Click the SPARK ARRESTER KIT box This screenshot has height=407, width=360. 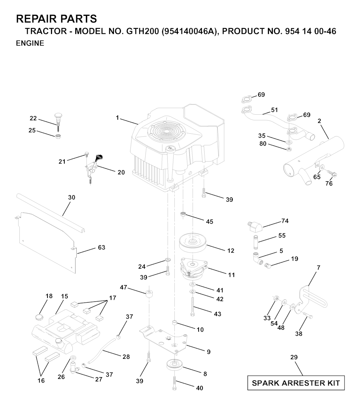296,383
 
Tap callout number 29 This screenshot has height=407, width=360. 294,357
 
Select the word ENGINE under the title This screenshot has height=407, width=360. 30,43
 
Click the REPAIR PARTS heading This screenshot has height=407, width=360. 57,19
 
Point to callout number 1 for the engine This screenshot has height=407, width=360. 117,118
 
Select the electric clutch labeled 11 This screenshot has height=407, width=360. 194,269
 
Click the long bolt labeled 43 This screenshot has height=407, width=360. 192,306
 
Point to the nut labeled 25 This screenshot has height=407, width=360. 58,136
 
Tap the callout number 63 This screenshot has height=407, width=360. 101,247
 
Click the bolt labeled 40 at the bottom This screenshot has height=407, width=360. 174,383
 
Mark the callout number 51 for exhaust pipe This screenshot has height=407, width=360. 275,110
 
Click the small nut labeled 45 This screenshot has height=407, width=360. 183,214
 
